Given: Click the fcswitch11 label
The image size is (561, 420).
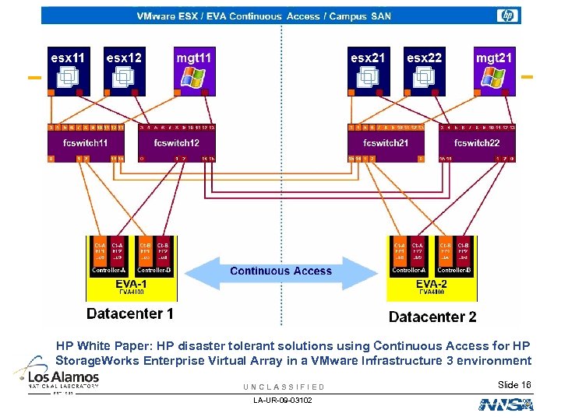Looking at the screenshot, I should coord(86,143).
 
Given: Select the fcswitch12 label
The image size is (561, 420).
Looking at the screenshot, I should coord(176,143).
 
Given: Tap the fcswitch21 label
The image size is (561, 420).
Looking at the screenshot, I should coord(386,143).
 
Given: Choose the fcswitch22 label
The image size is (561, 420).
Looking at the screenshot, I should coord(476,143).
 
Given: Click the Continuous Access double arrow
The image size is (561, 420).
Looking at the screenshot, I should coord(280,271).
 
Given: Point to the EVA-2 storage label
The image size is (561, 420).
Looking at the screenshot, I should coord(431,285).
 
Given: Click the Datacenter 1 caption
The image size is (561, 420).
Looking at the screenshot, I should coord(129,314).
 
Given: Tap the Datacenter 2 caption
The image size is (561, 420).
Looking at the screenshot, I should coord(432,317).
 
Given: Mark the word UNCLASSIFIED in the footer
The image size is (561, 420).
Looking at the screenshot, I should coord(284,387).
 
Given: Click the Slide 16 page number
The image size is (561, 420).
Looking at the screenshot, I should coord(514,385).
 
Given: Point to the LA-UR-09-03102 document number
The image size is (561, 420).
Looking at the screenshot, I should coord(283,400).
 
